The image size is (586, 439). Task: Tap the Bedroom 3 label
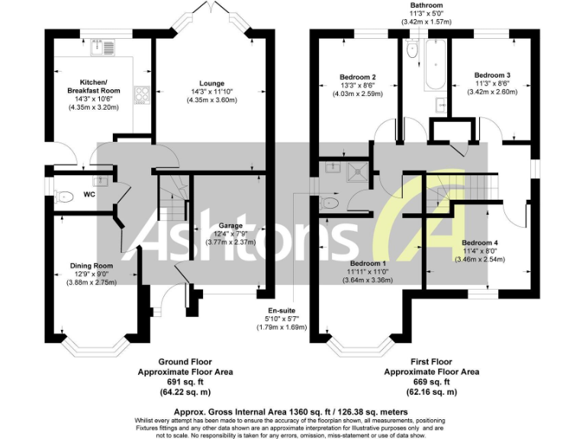click(x=492, y=75)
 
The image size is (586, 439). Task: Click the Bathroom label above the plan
click(x=427, y=5)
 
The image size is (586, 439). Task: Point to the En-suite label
click(x=281, y=310)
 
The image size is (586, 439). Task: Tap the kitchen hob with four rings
click(x=142, y=95)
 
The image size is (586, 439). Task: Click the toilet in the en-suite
click(x=329, y=203)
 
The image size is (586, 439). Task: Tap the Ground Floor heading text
click(x=185, y=361)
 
